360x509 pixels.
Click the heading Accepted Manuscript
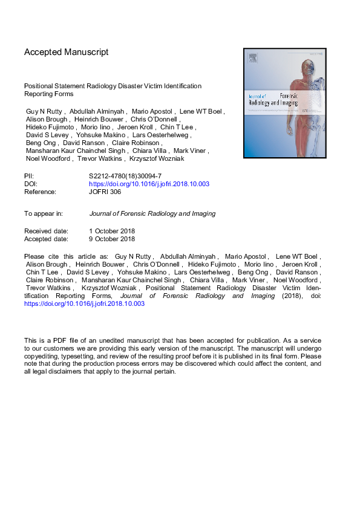(x=66, y=52)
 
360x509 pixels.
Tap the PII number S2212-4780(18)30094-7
(x=124, y=175)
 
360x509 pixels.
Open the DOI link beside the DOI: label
(x=149, y=183)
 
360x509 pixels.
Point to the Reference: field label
(x=40, y=192)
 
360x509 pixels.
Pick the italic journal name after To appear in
(x=152, y=213)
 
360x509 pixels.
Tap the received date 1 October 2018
(x=112, y=231)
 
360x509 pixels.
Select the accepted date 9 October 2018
(x=112, y=239)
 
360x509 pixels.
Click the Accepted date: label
(x=46, y=239)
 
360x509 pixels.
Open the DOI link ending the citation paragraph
(x=84, y=304)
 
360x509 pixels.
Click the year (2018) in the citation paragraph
(x=293, y=296)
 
